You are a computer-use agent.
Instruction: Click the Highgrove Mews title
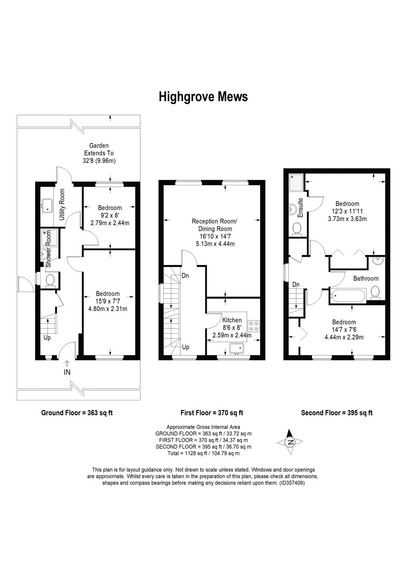(x=203, y=97)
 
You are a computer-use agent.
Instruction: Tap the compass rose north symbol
(x=290, y=442)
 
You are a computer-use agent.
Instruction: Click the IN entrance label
(x=67, y=372)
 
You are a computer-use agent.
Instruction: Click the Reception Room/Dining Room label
(x=214, y=225)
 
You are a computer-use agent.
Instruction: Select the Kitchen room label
(x=232, y=320)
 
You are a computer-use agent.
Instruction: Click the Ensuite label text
(x=300, y=208)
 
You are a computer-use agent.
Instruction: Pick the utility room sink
(x=46, y=205)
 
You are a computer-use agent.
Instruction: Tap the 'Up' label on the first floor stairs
(x=186, y=347)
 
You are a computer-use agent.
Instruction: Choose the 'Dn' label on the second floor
(x=296, y=285)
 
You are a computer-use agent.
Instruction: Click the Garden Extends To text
(x=99, y=149)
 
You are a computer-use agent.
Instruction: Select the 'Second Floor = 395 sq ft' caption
(x=337, y=413)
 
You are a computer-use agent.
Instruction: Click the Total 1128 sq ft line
(x=203, y=453)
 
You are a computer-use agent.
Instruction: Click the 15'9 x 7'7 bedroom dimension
(x=108, y=301)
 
